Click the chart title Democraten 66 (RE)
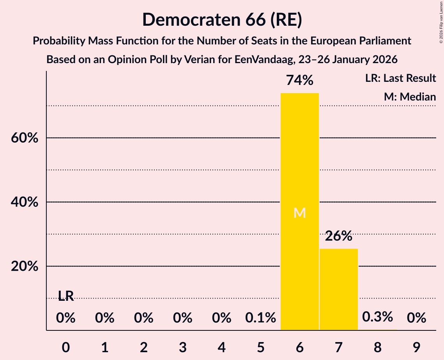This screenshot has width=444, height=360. (222, 19)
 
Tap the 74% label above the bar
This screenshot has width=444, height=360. (299, 80)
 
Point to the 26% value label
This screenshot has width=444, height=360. (338, 236)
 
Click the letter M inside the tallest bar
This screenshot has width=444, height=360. (299, 213)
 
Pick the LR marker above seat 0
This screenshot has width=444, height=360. (66, 296)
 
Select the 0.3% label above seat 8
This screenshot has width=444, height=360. (377, 317)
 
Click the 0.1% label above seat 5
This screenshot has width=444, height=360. (260, 318)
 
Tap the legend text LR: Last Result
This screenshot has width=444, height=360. (400, 78)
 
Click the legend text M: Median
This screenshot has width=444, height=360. (410, 97)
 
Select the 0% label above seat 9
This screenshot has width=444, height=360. (416, 318)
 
